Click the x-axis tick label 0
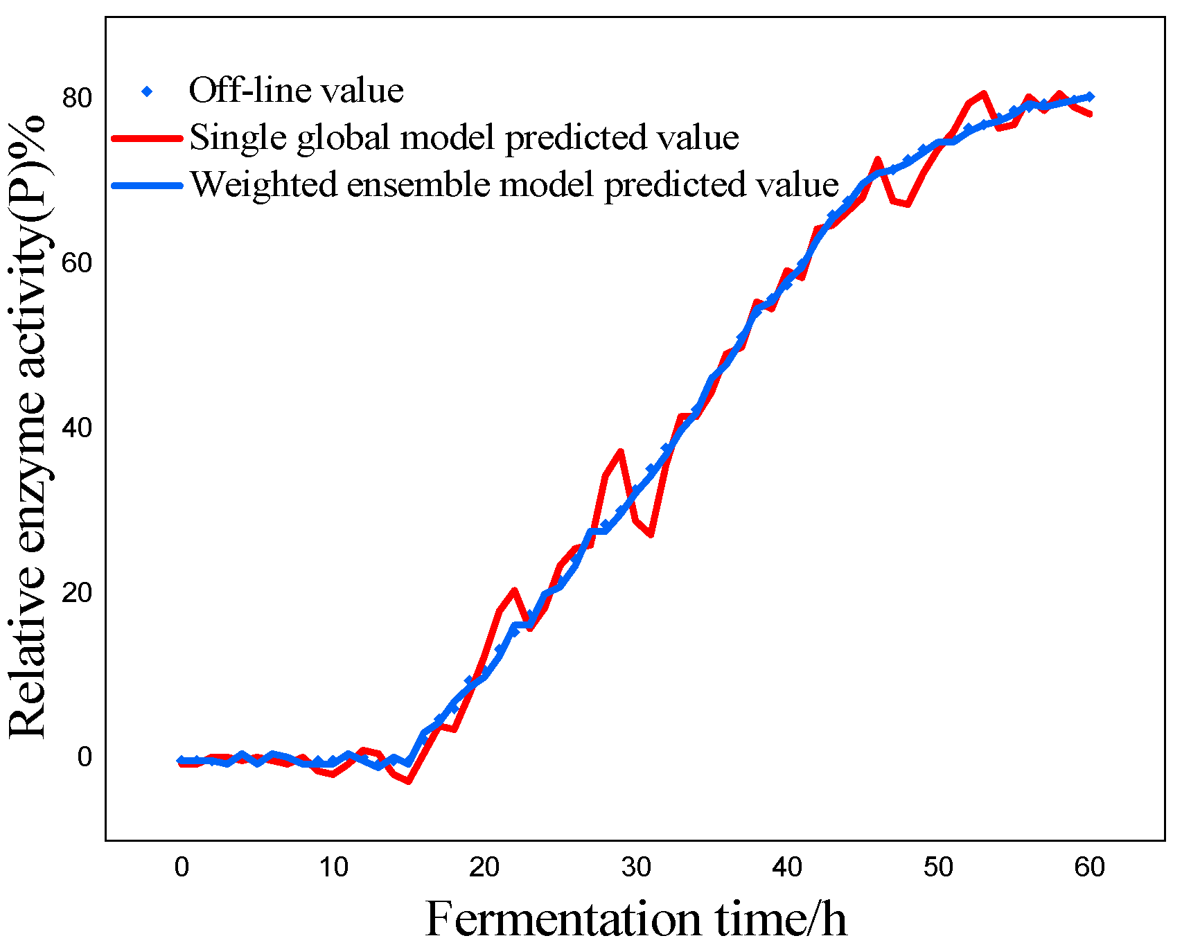tap(182, 867)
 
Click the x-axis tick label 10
tap(333, 867)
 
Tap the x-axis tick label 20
tap(484, 867)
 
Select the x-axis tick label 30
tap(636, 867)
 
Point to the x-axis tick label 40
tap(787, 867)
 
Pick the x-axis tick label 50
tap(938, 867)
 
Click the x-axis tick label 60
tap(1090, 867)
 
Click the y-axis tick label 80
tap(77, 98)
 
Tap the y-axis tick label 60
tap(77, 263)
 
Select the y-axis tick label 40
tap(77, 427)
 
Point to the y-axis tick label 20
tap(77, 592)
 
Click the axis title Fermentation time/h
tap(635, 919)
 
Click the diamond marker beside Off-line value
tap(147, 91)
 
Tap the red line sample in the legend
tap(147, 138)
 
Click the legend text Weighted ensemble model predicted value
tap(514, 185)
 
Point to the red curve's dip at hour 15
tap(409, 781)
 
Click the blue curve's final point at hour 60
tap(1090, 97)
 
